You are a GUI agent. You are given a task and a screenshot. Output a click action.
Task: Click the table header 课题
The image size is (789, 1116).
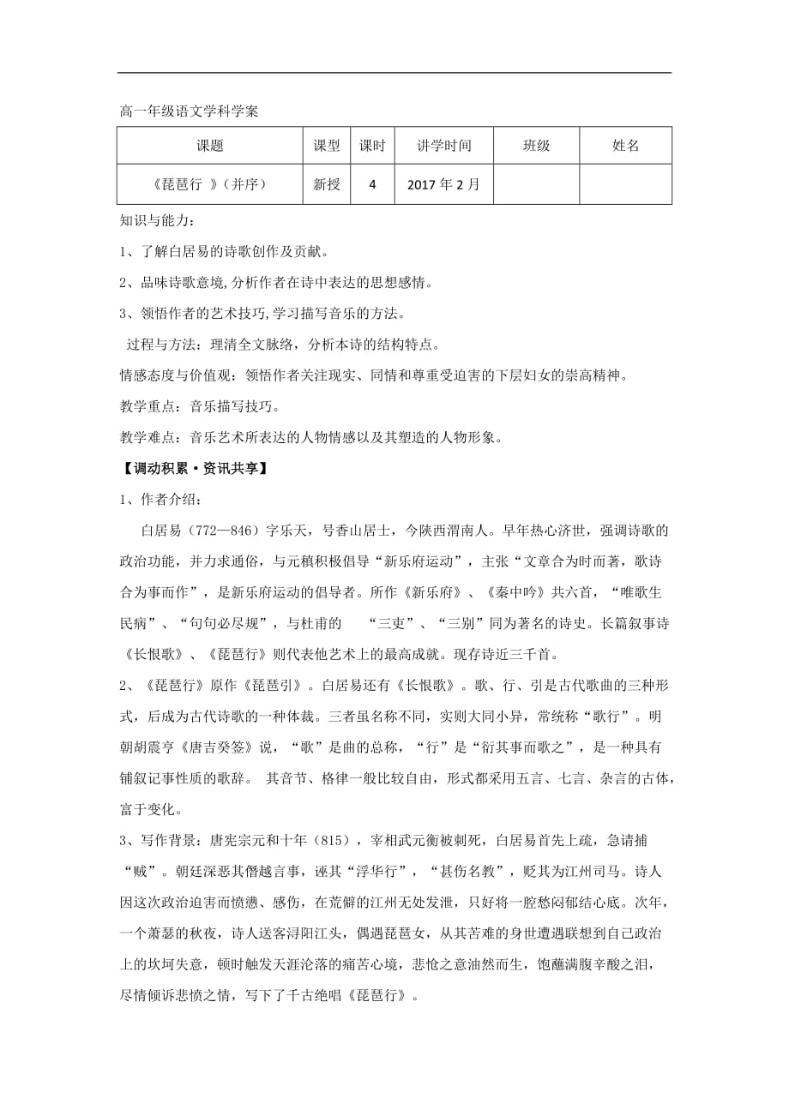(x=210, y=146)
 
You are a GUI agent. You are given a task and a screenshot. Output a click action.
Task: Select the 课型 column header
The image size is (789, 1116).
(x=327, y=146)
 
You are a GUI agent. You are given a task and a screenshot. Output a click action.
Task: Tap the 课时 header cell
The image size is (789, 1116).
(x=372, y=146)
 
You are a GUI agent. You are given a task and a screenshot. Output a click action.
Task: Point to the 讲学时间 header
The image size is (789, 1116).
(x=444, y=146)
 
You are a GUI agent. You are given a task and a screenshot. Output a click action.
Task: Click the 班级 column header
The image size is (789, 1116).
(x=536, y=146)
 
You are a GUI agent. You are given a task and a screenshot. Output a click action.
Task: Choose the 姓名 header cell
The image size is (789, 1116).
(x=626, y=146)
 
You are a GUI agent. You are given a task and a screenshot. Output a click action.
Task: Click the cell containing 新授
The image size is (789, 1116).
(x=327, y=184)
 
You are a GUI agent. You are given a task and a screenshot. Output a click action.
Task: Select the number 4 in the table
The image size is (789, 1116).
(x=372, y=184)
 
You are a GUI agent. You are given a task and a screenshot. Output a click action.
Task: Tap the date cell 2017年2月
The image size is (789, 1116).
(x=444, y=184)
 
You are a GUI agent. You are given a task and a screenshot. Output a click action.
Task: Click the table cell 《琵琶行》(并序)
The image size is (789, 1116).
(x=210, y=184)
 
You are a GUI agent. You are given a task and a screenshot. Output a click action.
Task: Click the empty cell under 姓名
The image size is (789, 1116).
(x=626, y=184)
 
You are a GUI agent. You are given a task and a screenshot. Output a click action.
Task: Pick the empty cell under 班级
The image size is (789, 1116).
(x=536, y=184)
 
